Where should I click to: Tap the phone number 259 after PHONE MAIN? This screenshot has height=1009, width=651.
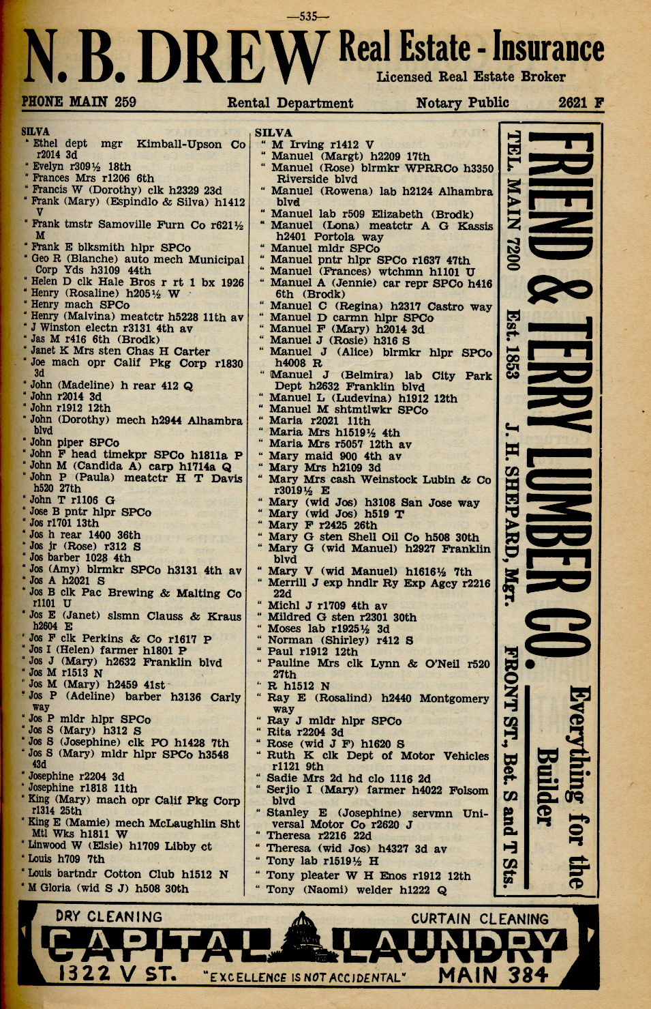(125, 102)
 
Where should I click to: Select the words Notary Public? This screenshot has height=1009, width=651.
(462, 103)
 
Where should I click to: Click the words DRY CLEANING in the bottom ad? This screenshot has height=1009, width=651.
(109, 916)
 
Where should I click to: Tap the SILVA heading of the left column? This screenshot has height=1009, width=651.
(35, 132)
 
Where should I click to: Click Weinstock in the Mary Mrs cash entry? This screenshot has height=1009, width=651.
(394, 480)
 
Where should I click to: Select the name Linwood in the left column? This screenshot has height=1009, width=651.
(47, 845)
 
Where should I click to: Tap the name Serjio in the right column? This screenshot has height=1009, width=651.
(285, 789)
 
